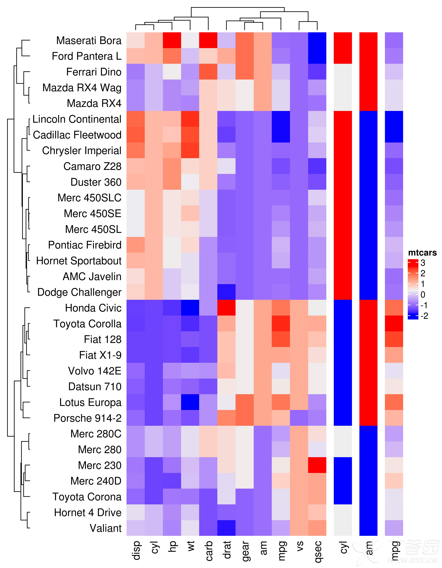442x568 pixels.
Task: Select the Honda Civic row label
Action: tap(93, 308)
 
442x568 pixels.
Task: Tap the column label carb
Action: tap(209, 551)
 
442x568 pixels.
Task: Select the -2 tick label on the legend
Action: tap(424, 316)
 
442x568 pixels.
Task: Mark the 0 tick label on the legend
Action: tap(423, 295)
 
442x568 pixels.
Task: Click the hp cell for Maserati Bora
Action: tap(172, 40)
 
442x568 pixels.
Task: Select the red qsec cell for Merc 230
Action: tap(317, 465)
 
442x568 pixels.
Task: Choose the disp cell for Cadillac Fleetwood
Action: tap(136, 135)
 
